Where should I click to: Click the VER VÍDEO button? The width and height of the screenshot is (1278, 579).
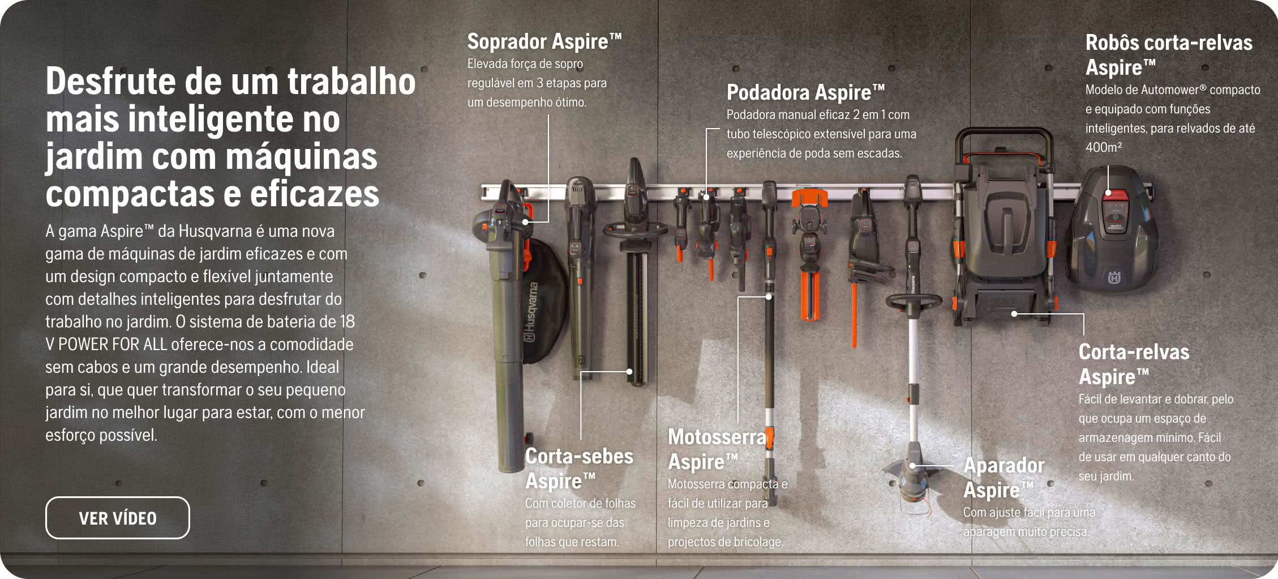tap(118, 518)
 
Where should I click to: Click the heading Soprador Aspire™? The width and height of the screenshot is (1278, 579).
tap(544, 41)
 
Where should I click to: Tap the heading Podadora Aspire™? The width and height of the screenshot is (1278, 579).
tap(805, 92)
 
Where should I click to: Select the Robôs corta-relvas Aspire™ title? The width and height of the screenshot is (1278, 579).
tap(1169, 55)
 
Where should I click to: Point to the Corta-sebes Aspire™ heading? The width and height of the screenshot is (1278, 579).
tap(579, 469)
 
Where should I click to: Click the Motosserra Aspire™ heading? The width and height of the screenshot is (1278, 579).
tap(717, 449)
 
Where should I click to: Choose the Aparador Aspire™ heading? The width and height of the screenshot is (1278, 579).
tap(1004, 478)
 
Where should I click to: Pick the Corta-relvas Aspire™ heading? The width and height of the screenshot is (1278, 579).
tap(1134, 364)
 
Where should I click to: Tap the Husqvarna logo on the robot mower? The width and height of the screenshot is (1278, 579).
tap(1114, 278)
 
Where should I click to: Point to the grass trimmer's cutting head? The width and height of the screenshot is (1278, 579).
tap(912, 484)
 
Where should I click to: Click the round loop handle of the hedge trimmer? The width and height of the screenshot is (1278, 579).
tap(634, 230)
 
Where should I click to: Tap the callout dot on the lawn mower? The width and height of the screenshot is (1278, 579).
tap(1014, 313)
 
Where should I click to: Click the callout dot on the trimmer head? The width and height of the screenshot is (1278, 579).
tap(912, 466)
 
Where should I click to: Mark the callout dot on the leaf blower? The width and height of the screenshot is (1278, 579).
tap(525, 222)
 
